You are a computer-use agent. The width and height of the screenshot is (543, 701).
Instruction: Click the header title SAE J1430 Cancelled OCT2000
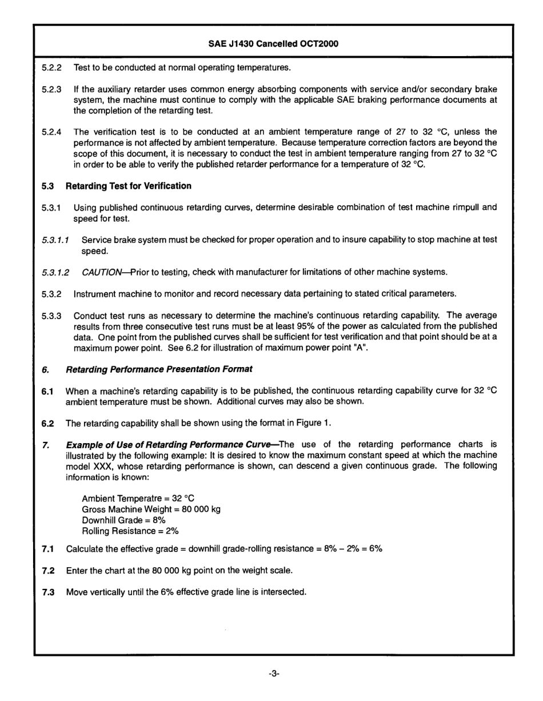[273, 43]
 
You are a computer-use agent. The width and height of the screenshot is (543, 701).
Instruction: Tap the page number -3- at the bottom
[273, 674]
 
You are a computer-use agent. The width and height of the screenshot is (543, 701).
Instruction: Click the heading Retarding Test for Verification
[128, 186]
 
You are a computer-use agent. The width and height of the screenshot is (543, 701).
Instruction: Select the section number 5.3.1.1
[55, 239]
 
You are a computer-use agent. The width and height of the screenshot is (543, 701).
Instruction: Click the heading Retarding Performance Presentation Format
[159, 369]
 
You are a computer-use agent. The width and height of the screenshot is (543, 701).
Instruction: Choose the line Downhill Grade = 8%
[123, 520]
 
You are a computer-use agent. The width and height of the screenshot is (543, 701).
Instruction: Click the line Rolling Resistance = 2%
[130, 531]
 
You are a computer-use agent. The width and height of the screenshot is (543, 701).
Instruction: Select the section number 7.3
[48, 592]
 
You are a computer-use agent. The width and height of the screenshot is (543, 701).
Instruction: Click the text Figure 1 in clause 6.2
[316, 423]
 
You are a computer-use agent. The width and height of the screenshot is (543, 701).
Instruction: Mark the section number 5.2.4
[51, 132]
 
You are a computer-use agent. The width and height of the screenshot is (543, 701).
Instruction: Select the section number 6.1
[48, 391]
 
